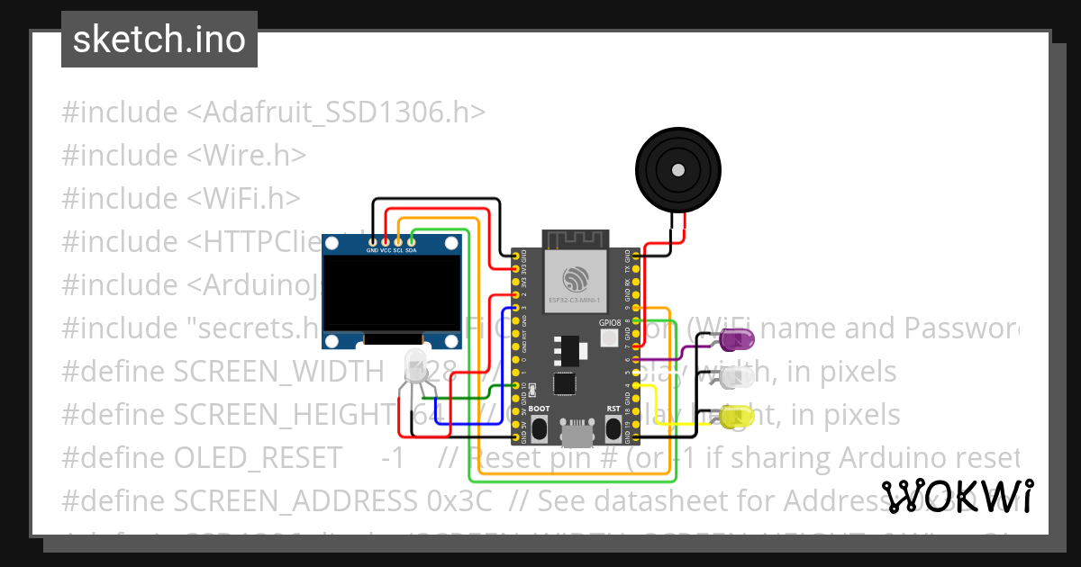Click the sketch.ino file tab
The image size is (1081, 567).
[x=159, y=40]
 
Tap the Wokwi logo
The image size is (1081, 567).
[x=957, y=496]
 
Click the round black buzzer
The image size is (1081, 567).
[x=678, y=169]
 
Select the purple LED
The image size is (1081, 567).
[x=738, y=339]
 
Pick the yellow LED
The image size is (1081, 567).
[x=738, y=416]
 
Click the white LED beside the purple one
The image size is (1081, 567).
[x=738, y=378]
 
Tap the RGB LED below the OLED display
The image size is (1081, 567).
[x=416, y=367]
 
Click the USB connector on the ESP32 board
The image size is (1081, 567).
[x=576, y=434]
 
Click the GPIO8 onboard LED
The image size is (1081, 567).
[x=609, y=338]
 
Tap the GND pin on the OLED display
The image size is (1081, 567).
[x=372, y=241]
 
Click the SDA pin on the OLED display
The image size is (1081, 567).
[x=411, y=241]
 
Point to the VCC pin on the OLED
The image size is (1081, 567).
[x=386, y=241]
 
